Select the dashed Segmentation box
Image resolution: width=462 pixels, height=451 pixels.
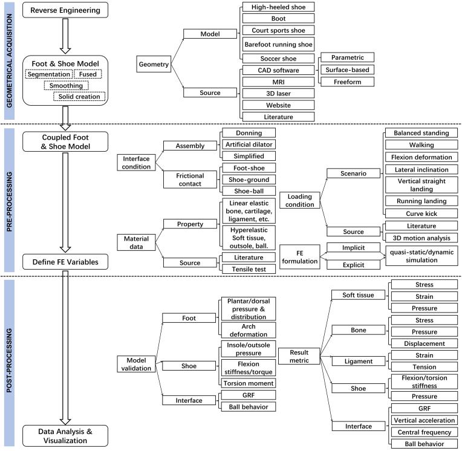click(48, 74)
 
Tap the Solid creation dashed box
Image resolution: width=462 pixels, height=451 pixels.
click(79, 96)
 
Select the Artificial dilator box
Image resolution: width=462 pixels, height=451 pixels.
click(249, 143)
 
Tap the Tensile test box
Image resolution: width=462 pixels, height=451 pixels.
click(249, 268)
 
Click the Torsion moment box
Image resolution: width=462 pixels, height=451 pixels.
click(249, 383)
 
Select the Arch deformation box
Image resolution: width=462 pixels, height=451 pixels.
click(249, 330)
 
